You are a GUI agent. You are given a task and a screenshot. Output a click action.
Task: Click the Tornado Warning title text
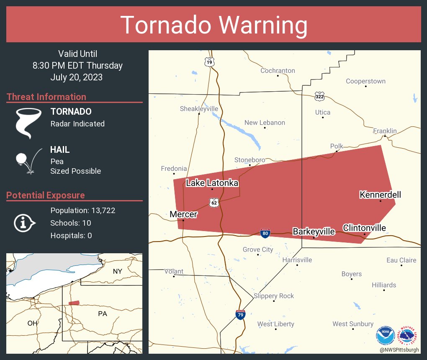(214, 25)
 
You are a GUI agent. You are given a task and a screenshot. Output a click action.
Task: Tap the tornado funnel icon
(28, 123)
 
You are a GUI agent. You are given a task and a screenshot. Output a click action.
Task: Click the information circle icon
(23, 223)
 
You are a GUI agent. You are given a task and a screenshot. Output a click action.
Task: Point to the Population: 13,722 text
(83, 210)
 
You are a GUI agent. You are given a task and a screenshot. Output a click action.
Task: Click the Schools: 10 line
(71, 223)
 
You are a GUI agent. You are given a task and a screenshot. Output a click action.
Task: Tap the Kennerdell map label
(380, 195)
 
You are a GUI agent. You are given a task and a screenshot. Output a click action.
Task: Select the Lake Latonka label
(212, 183)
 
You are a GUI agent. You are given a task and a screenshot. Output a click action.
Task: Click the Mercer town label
(183, 214)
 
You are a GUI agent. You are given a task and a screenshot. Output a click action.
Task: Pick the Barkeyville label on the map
(314, 231)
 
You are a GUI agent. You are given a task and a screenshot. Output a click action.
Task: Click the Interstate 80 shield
(265, 233)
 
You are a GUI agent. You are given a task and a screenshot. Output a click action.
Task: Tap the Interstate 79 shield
(240, 315)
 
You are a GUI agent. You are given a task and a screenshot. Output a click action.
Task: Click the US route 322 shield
(319, 96)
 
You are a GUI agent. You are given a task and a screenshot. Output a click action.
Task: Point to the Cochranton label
(278, 71)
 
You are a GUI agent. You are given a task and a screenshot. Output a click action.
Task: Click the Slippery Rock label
(274, 296)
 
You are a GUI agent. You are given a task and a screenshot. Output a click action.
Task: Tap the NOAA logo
(386, 335)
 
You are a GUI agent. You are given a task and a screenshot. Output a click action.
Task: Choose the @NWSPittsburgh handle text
(399, 349)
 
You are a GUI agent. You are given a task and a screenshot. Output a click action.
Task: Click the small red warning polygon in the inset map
(74, 303)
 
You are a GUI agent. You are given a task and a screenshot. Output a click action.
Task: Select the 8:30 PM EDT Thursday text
(77, 66)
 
